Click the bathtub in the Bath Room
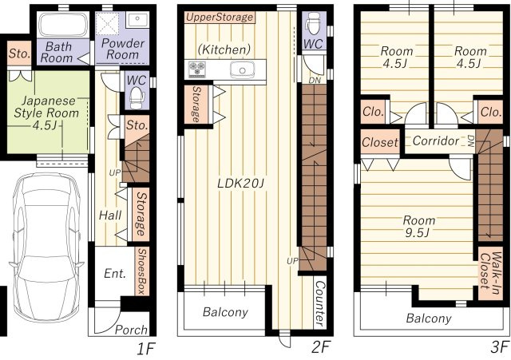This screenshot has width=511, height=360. point(63,25)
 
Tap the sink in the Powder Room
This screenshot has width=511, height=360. point(137,20)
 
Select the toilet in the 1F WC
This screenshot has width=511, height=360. point(137,98)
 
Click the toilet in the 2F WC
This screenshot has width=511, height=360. point(314,23)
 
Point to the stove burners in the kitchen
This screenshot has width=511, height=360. point(197,69)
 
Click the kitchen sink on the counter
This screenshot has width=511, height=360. point(242,69)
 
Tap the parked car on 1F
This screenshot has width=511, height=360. point(46,247)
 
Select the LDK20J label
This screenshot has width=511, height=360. point(240,184)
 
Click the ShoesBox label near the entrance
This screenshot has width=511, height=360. point(142,271)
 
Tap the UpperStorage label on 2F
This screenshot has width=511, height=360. point(220,18)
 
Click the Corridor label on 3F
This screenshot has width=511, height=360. point(436,140)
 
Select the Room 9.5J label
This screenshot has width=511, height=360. point(418,227)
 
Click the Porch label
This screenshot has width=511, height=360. point(131,330)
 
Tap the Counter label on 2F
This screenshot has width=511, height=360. point(319,303)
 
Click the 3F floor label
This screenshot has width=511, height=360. point(500,347)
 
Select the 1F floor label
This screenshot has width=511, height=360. point(145,349)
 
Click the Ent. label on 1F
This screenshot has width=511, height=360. point(115,273)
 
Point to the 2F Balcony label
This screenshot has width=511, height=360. point(225,312)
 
